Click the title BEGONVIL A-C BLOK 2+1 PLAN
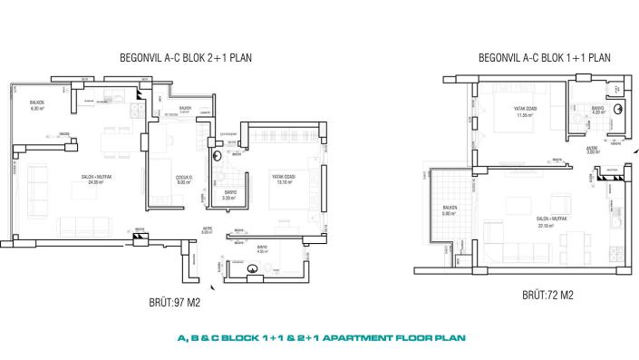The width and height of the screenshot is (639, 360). [x=186, y=57]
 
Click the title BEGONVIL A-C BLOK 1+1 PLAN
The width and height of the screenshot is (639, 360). [x=544, y=57]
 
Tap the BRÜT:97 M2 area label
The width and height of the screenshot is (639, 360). [x=174, y=302]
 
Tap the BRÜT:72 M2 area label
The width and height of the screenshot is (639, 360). [x=547, y=295]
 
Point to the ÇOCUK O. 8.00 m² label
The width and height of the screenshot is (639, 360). [x=182, y=180]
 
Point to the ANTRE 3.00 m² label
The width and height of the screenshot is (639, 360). [x=594, y=151]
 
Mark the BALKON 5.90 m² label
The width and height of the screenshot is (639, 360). [x=449, y=210]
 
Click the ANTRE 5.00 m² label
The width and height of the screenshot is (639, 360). [x=207, y=231]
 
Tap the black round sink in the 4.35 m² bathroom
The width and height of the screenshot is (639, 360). [x=254, y=268]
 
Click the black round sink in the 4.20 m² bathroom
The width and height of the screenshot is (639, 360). [x=616, y=108]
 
